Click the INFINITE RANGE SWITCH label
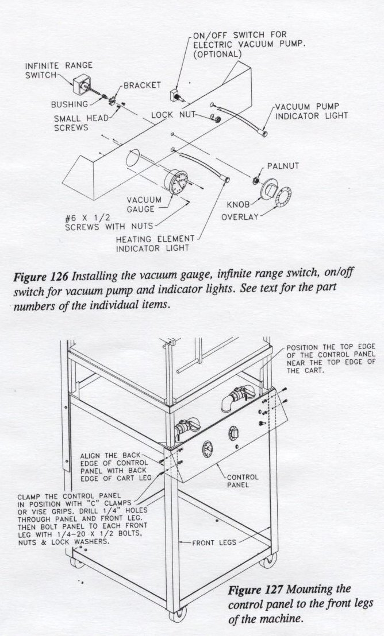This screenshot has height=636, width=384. (x=58, y=71)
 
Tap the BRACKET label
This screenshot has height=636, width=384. (x=142, y=85)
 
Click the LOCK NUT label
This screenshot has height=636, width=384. (x=170, y=115)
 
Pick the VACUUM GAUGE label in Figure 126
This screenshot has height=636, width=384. (x=141, y=205)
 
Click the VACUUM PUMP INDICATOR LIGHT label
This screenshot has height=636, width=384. (x=311, y=111)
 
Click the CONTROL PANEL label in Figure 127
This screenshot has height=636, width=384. (x=243, y=480)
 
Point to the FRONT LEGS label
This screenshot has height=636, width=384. (x=214, y=541)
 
